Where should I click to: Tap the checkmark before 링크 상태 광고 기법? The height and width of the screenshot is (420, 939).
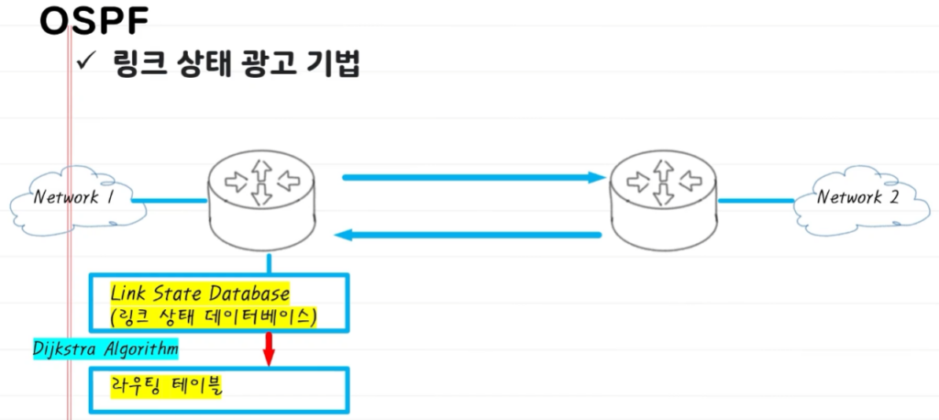pyautogui.click(x=88, y=64)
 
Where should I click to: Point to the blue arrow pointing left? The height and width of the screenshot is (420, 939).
pyautogui.click(x=468, y=236)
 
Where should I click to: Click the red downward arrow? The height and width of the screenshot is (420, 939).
pyautogui.click(x=270, y=348)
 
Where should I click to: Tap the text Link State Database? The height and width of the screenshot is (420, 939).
pyautogui.click(x=200, y=294)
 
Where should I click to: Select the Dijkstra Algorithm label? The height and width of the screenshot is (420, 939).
pyautogui.click(x=104, y=349)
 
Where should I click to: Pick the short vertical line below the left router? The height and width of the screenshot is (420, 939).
pyautogui.click(x=270, y=262)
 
